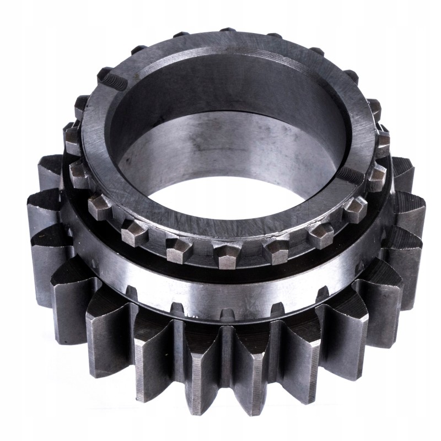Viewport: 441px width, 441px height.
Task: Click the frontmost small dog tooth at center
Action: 228,254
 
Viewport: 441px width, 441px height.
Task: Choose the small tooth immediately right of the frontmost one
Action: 275,251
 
